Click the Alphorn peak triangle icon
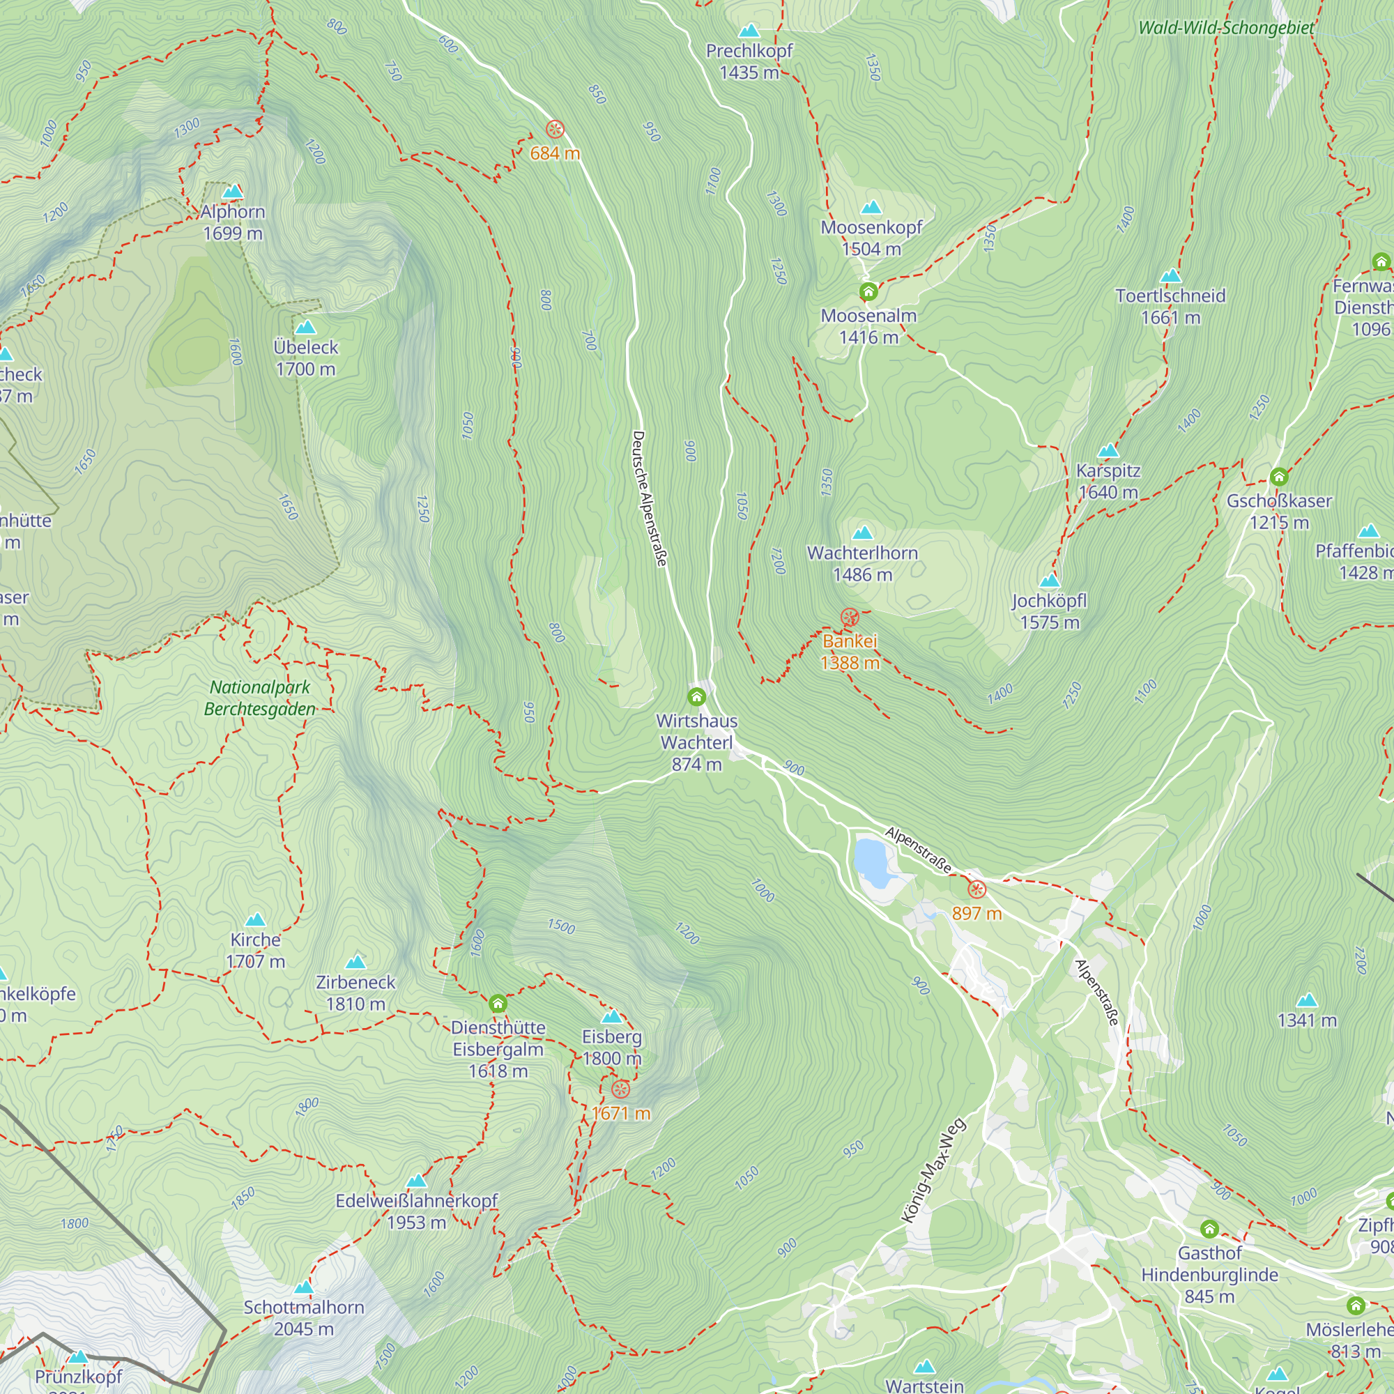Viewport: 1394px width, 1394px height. [x=232, y=192]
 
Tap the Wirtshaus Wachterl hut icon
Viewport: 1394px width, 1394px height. [x=696, y=697]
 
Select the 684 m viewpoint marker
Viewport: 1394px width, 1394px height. [x=555, y=130]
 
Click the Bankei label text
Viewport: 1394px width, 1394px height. [x=850, y=641]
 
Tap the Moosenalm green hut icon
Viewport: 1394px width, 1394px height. [x=868, y=292]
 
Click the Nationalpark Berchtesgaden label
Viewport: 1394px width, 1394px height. [x=260, y=698]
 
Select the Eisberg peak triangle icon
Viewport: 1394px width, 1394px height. [x=612, y=1017]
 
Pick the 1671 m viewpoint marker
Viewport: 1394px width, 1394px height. [x=620, y=1089]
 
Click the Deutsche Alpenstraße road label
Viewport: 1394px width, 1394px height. [x=650, y=498]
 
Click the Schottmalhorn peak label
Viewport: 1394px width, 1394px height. [x=304, y=1308]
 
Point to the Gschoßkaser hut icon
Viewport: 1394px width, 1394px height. [x=1279, y=477]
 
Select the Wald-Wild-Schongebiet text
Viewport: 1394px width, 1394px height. [x=1226, y=28]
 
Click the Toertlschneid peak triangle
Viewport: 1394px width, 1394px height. [x=1170, y=276]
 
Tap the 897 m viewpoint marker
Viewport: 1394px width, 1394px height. [x=977, y=889]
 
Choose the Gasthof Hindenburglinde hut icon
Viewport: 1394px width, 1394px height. [x=1210, y=1229]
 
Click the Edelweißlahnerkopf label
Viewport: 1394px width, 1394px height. [x=416, y=1201]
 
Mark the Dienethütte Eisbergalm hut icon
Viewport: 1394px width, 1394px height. [x=498, y=1004]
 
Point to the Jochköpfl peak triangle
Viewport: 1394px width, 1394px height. [x=1050, y=581]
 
